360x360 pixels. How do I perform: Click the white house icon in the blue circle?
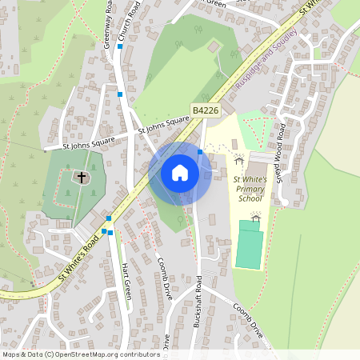(x=180, y=172)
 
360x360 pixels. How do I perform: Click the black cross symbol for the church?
(x=81, y=177)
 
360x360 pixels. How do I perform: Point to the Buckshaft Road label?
(x=198, y=308)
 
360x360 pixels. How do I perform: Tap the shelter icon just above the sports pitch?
(x=255, y=216)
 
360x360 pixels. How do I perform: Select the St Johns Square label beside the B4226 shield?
(x=164, y=124)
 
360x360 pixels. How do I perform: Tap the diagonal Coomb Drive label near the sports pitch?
(x=248, y=318)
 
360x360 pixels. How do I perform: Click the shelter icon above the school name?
(x=238, y=160)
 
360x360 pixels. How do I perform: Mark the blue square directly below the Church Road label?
(x=120, y=46)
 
